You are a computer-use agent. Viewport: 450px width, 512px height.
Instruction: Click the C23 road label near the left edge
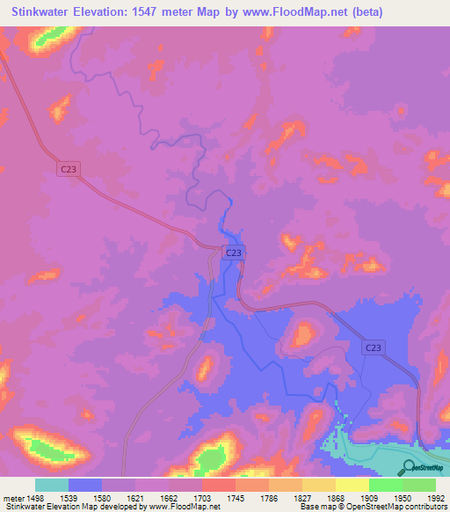[x=69, y=169]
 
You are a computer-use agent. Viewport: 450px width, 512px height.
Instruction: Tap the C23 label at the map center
[x=232, y=252]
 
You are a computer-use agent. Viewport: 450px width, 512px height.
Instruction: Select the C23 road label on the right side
[x=373, y=348]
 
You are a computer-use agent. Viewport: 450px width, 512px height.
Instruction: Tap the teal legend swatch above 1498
[x=51, y=485]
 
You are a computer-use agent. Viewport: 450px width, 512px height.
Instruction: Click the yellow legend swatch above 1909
[x=352, y=485]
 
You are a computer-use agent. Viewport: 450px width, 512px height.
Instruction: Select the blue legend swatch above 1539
[x=84, y=485]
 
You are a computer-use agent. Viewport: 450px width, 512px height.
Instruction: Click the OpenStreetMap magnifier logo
[x=408, y=467]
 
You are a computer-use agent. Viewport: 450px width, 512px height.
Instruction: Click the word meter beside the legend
[x=13, y=498]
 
